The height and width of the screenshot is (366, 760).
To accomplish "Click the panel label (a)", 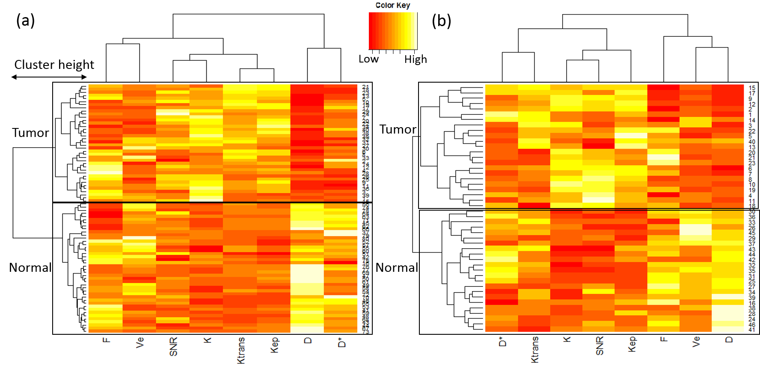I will pos(25,21).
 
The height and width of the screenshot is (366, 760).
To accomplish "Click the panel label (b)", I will pos(441,21).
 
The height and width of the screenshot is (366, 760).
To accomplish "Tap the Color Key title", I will pos(392,5).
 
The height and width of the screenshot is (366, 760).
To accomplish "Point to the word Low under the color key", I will pos(368,59).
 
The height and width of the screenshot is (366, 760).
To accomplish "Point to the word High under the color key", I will pos(416,59).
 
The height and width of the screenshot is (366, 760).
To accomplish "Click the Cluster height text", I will pos(54,65).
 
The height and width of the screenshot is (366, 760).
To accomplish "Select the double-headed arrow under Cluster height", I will pos(49,77).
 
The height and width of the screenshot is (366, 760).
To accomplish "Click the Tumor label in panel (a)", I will pos(30,133).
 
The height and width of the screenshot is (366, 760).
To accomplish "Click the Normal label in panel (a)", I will pos(30,268).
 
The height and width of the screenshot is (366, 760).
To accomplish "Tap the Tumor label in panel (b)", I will pos(398,129).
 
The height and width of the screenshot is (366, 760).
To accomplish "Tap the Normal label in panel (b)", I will pos(397,268).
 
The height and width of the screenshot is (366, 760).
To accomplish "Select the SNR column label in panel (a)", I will pos(173,346).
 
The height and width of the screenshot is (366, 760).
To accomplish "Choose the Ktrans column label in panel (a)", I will pos(241,350).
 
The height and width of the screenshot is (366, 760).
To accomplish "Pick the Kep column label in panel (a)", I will pos(274,345).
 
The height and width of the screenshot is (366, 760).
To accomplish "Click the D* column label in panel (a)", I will pos(341,342).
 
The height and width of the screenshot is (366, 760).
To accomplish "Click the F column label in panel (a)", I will pos(107,340).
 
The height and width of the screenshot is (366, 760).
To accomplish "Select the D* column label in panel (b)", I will pos(502,341).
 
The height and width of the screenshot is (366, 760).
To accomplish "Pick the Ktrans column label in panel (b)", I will pos(534,349).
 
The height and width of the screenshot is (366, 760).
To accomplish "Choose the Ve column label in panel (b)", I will pos(696,341).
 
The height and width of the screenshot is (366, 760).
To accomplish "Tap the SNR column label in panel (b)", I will pos(600,345).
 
